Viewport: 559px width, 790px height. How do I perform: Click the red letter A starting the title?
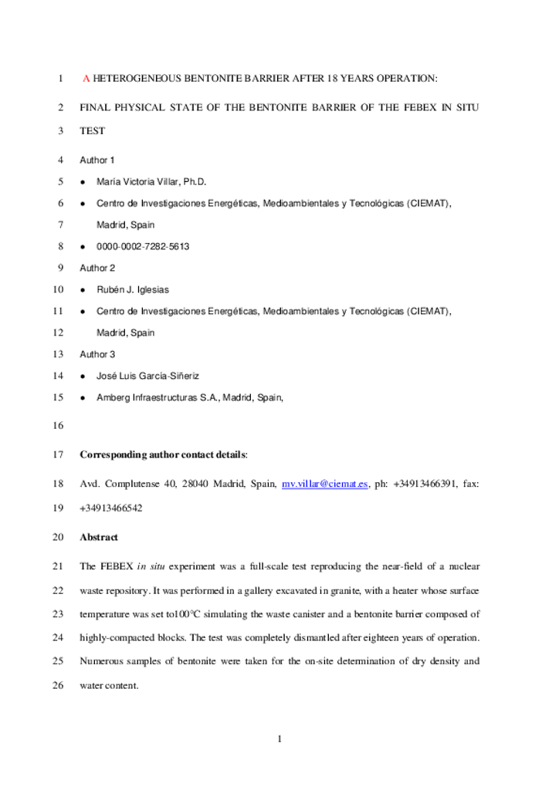(x=86, y=79)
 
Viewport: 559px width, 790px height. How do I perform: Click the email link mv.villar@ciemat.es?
(x=324, y=484)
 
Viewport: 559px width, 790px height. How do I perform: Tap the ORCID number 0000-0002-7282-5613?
(x=143, y=247)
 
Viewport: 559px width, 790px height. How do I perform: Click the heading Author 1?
(x=97, y=160)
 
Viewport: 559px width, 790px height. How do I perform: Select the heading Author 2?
(x=97, y=268)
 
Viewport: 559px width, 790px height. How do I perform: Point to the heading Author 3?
(x=97, y=355)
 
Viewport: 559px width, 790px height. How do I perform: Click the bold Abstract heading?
(x=99, y=537)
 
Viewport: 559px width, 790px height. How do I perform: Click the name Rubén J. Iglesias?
(x=133, y=290)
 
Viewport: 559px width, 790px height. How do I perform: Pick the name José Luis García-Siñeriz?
(x=147, y=376)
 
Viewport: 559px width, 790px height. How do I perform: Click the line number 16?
(x=57, y=426)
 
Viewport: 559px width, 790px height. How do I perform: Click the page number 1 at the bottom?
(x=279, y=740)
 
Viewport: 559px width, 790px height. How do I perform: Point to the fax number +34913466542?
(x=111, y=508)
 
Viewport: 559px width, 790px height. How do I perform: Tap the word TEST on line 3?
(x=93, y=131)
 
